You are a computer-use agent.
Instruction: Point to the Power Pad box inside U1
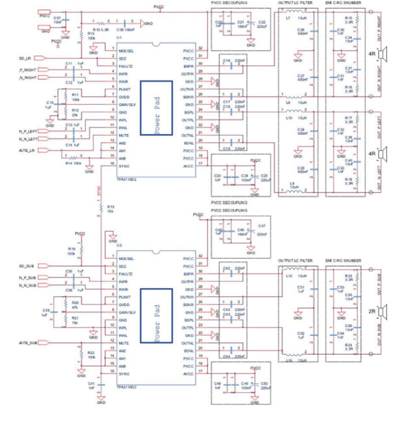(157, 108)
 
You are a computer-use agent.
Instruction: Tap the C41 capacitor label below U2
(91, 384)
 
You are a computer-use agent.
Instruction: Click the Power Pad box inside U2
(157, 316)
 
